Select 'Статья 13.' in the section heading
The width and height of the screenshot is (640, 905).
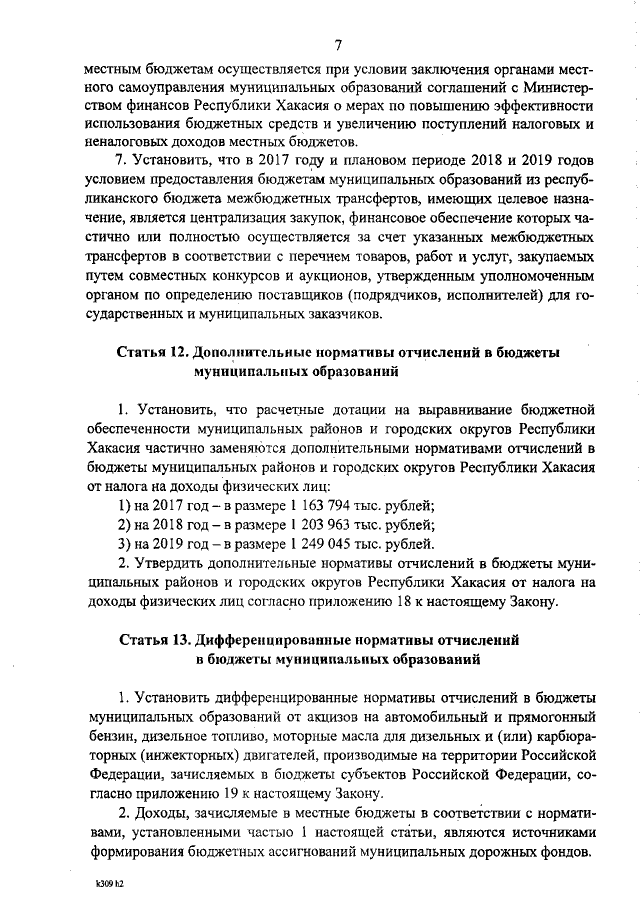[x=152, y=638]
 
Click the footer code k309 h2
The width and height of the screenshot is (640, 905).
[x=108, y=886]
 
